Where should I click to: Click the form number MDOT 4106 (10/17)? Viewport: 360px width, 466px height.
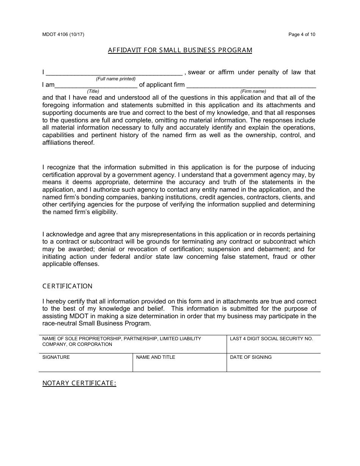(x=63, y=34)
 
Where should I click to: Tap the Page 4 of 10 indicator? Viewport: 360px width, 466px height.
(x=302, y=34)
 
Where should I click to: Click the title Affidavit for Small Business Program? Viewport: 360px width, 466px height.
(x=180, y=50)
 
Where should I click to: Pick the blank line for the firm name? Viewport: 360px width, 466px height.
(x=251, y=85)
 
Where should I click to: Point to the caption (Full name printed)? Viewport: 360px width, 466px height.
(x=116, y=79)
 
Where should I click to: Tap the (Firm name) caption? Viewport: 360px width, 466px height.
(x=253, y=91)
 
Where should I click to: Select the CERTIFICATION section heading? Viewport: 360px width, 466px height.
(x=67, y=286)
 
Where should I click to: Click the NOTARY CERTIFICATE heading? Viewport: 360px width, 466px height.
(x=79, y=383)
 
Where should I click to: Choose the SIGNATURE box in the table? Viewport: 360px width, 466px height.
(x=86, y=363)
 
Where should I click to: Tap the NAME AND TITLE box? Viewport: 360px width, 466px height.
(x=180, y=363)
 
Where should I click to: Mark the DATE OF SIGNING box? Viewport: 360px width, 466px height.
(x=273, y=363)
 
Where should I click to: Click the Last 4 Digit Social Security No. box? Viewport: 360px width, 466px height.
(x=273, y=344)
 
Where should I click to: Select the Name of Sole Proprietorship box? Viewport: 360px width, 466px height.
(x=133, y=344)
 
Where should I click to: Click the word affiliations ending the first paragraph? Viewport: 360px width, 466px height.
(x=56, y=143)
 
